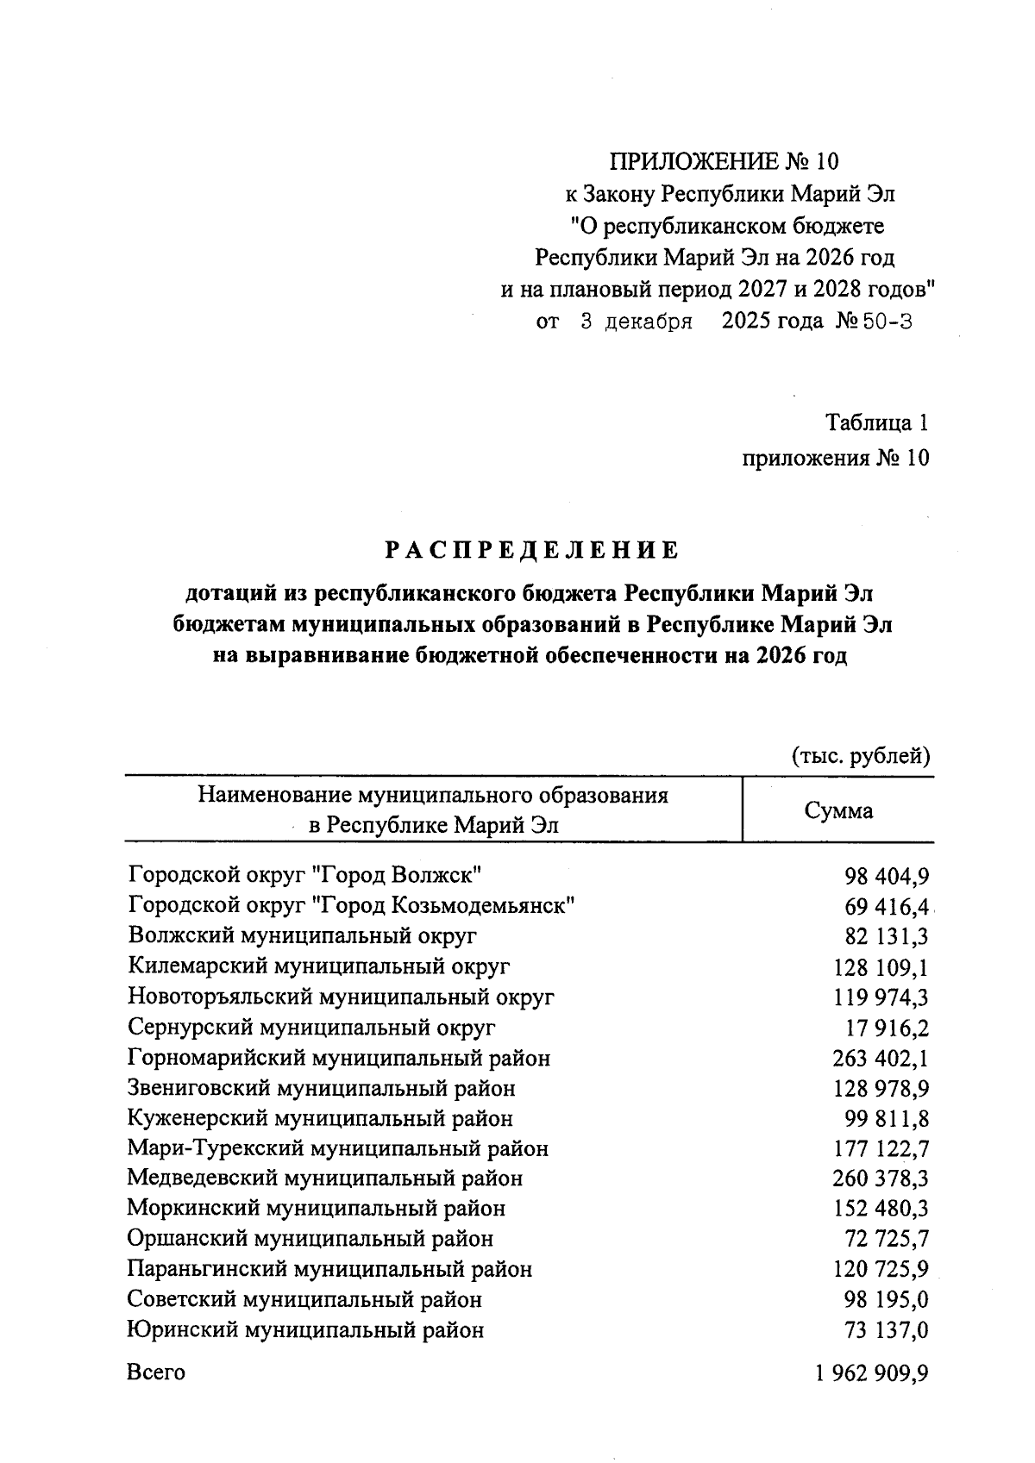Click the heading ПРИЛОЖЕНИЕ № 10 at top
click(x=723, y=161)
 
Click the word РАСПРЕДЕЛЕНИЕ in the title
click(x=531, y=550)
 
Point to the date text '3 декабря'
click(x=637, y=322)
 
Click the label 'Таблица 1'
click(x=877, y=423)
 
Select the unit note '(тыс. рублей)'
click(x=861, y=756)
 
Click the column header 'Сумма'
click(x=837, y=810)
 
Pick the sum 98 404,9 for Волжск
click(x=886, y=877)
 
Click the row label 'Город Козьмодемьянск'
click(x=351, y=906)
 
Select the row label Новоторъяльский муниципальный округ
click(x=341, y=997)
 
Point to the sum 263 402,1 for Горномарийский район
click(x=880, y=1058)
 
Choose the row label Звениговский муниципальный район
click(x=321, y=1088)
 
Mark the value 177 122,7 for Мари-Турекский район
click(x=880, y=1149)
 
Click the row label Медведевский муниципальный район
click(x=324, y=1179)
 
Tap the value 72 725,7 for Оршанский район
click(x=886, y=1239)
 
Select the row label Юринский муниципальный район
click(x=305, y=1330)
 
